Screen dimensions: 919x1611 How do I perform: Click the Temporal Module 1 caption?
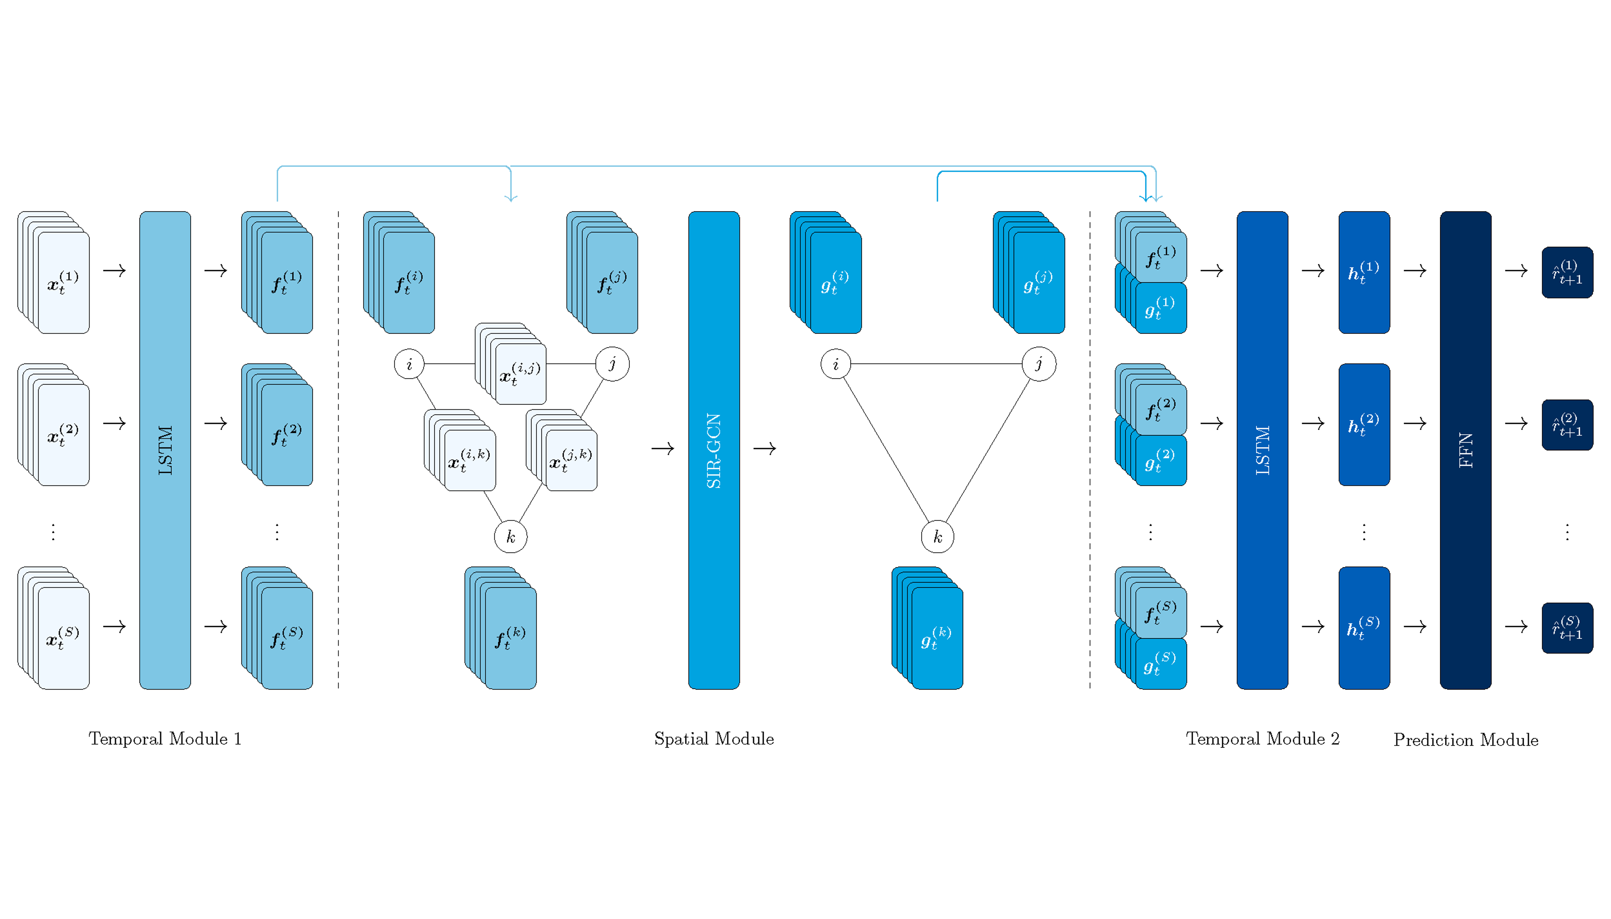[x=165, y=739]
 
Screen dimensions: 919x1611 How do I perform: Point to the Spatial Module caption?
[x=714, y=739]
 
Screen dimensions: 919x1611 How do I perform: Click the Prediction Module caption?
[x=1465, y=740]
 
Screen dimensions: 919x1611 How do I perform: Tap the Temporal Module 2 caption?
[x=1262, y=739]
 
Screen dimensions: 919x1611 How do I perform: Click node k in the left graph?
[x=510, y=537]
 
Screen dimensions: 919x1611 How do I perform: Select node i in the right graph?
[x=836, y=364]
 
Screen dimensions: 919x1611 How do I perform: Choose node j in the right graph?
[x=1038, y=364]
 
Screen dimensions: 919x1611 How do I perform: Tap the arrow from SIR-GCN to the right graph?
[x=764, y=449]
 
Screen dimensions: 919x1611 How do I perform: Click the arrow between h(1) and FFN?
[x=1415, y=271]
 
